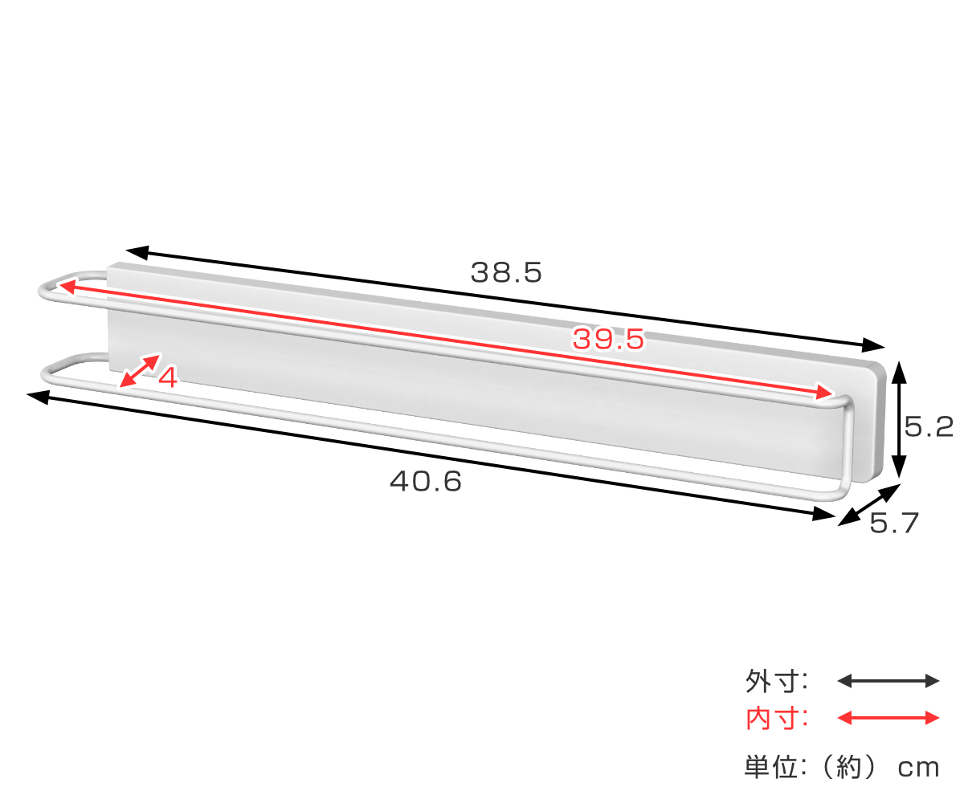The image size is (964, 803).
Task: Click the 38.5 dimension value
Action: coord(506,272)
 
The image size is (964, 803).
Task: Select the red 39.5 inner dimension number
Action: coord(608,339)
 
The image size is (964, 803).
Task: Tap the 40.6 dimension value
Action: coord(425,481)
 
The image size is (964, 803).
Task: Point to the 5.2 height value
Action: coord(929,427)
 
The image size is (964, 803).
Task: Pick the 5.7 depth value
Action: coord(894,523)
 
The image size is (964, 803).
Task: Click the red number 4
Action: coord(168,378)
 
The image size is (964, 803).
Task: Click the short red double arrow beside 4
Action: coord(140,370)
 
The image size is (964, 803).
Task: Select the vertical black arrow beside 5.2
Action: coord(898,419)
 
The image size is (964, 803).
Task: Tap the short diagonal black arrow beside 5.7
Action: coord(869,505)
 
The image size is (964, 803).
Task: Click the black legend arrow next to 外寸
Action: coord(888,681)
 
